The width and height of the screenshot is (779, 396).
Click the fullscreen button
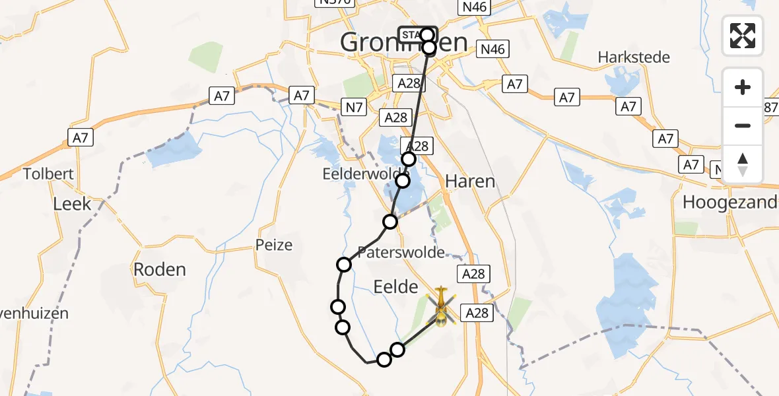pyautogui.click(x=743, y=36)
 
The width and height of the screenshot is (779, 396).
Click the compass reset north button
pyautogui.click(x=743, y=164)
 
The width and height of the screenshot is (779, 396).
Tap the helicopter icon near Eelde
pyautogui.click(x=441, y=308)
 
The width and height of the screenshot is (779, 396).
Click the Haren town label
pyautogui.click(x=470, y=181)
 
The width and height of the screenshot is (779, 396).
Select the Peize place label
pyautogui.click(x=274, y=246)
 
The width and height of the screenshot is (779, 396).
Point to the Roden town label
pyautogui.click(x=160, y=269)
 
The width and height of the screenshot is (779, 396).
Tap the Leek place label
pyautogui.click(x=72, y=204)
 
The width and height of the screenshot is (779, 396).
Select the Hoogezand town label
pyautogui.click(x=729, y=203)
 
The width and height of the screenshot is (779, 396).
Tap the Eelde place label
pyautogui.click(x=396, y=286)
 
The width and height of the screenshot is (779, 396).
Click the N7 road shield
pyautogui.click(x=353, y=105)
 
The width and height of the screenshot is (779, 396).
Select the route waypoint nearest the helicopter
pyautogui.click(x=397, y=350)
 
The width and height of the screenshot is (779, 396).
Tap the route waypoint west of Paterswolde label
pyautogui.click(x=344, y=265)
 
